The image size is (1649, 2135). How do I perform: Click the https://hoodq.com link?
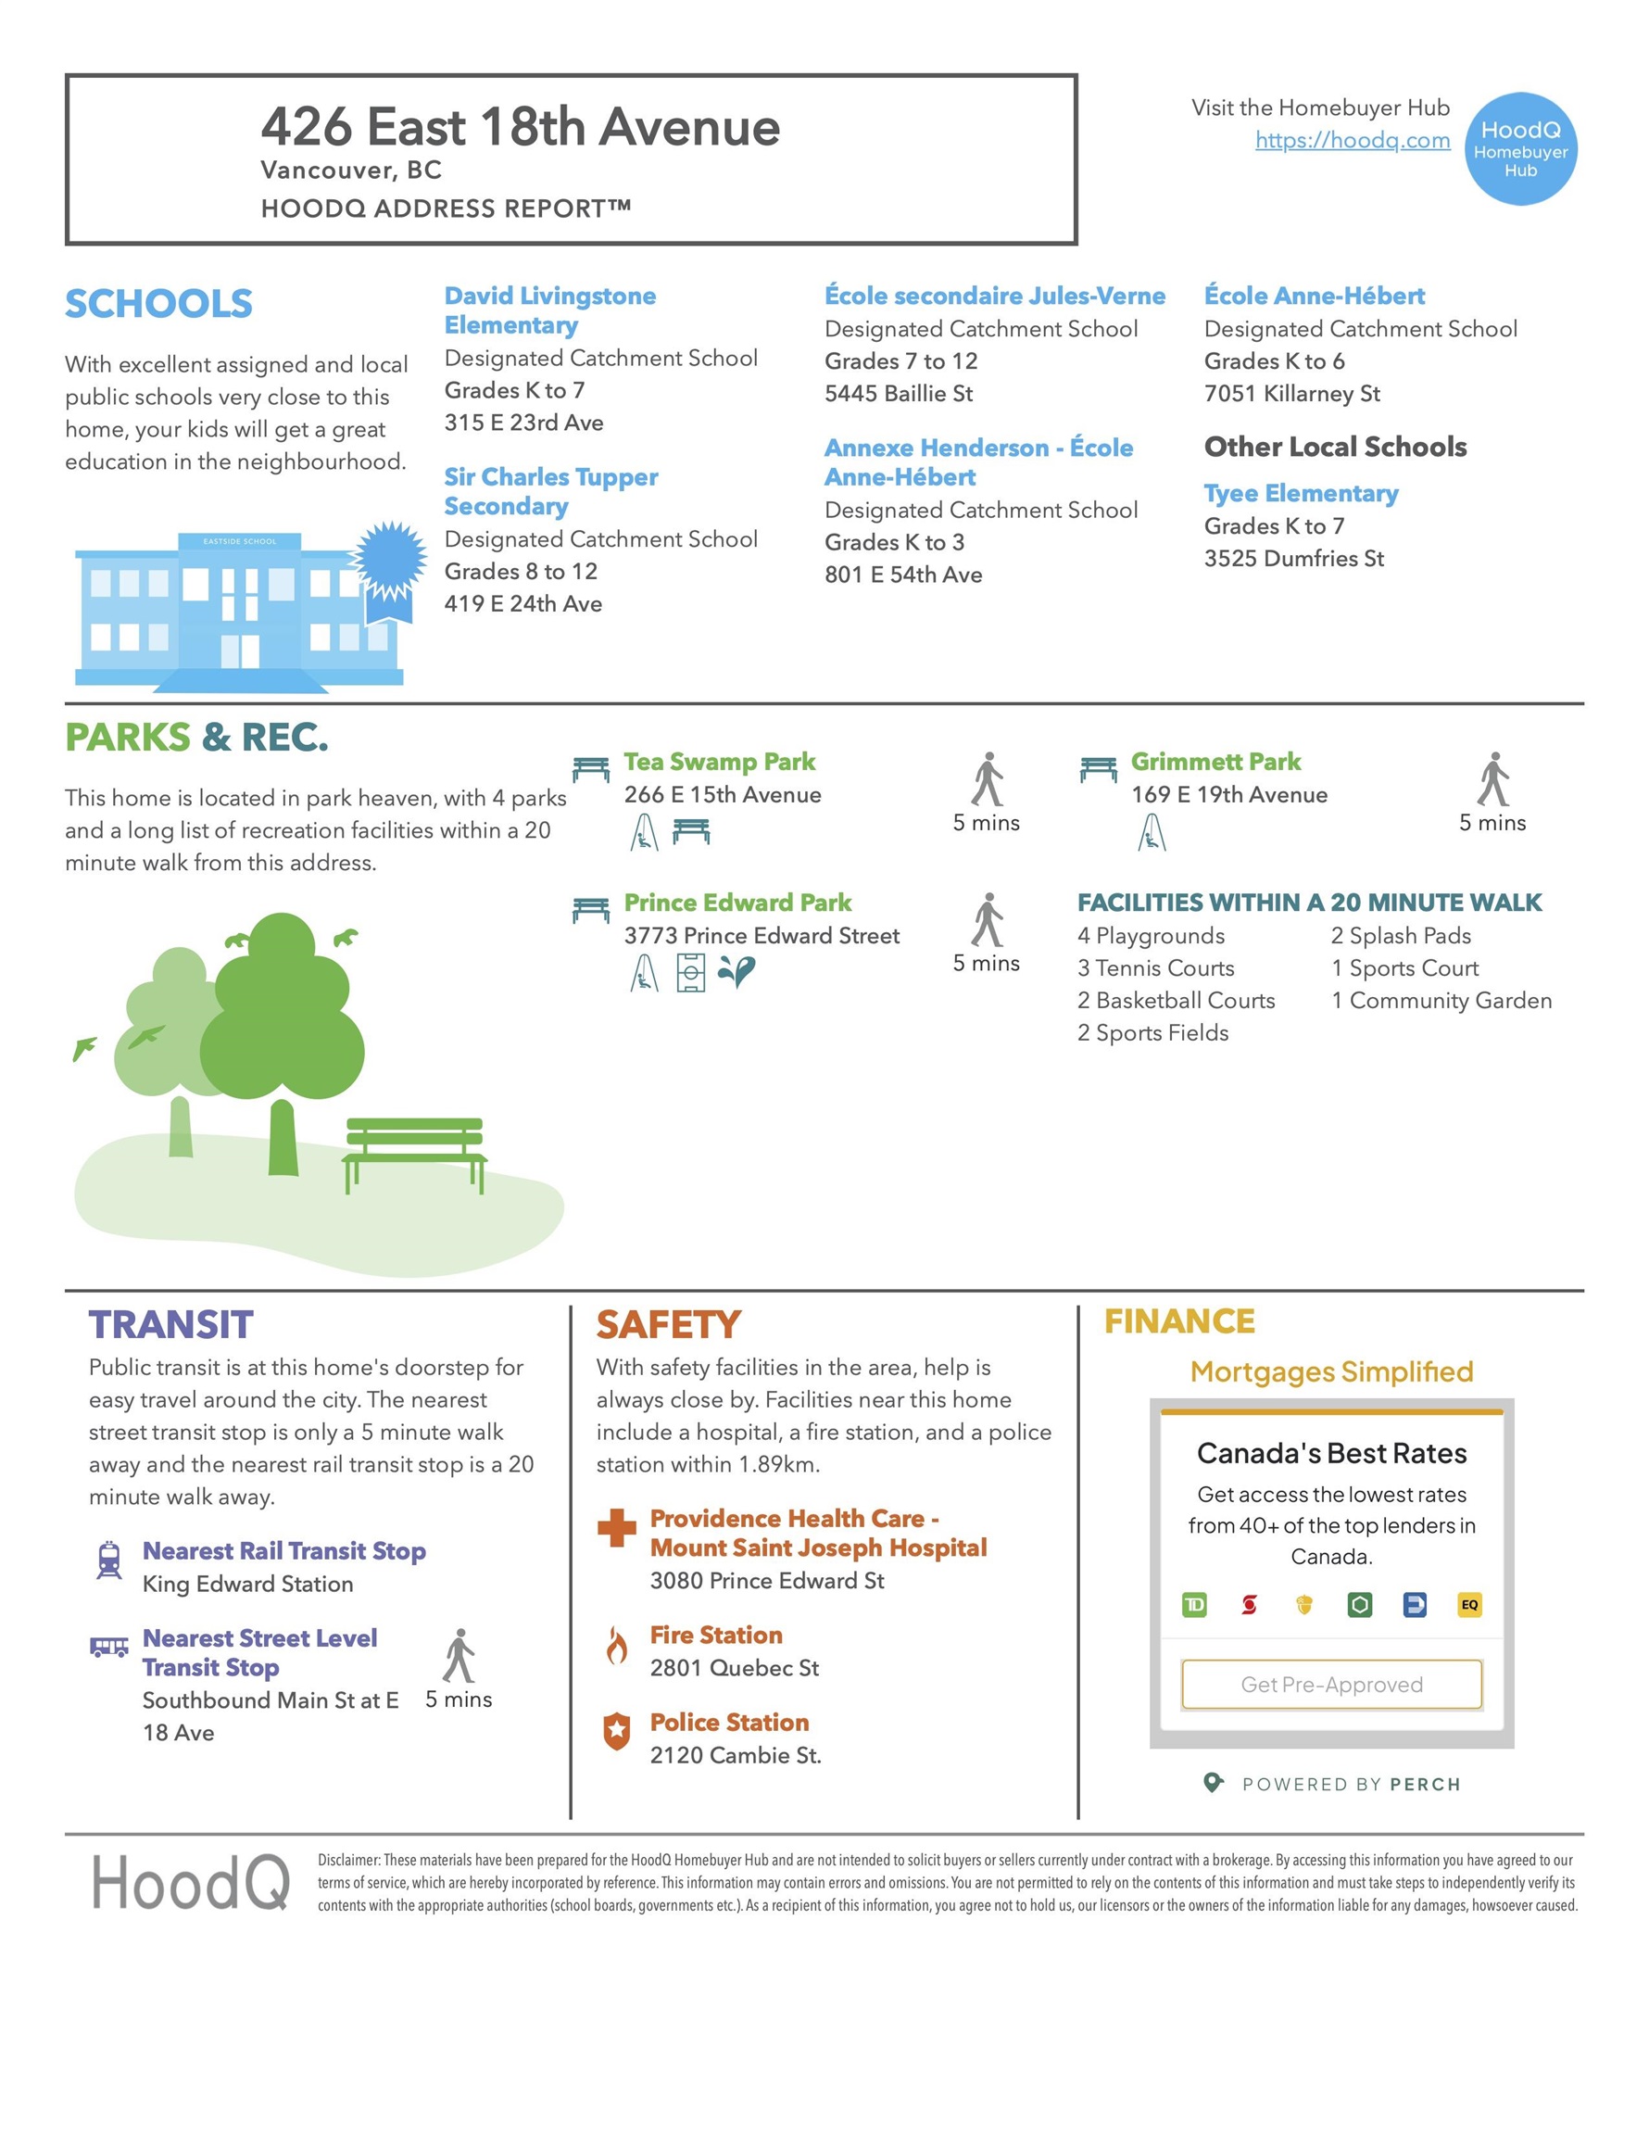(x=1352, y=140)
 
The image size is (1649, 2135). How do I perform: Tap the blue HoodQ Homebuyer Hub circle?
(x=1520, y=148)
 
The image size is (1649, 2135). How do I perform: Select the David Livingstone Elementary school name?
(x=549, y=310)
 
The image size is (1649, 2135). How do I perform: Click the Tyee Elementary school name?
(x=1300, y=494)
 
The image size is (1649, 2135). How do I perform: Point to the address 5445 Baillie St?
(x=899, y=393)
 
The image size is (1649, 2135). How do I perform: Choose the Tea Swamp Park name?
(x=720, y=762)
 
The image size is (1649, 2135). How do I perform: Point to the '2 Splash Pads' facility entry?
(x=1400, y=936)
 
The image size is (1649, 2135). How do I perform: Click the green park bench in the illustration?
(x=414, y=1152)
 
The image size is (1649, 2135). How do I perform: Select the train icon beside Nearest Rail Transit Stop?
(x=109, y=1560)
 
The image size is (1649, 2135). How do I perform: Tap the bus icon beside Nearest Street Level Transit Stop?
(x=109, y=1648)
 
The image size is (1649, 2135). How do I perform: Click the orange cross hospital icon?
(x=616, y=1528)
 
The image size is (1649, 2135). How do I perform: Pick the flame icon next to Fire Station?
(x=616, y=1647)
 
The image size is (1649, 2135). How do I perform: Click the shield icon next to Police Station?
(x=616, y=1731)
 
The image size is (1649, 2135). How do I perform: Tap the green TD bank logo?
(x=1193, y=1605)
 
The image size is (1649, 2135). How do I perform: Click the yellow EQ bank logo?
(x=1468, y=1605)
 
